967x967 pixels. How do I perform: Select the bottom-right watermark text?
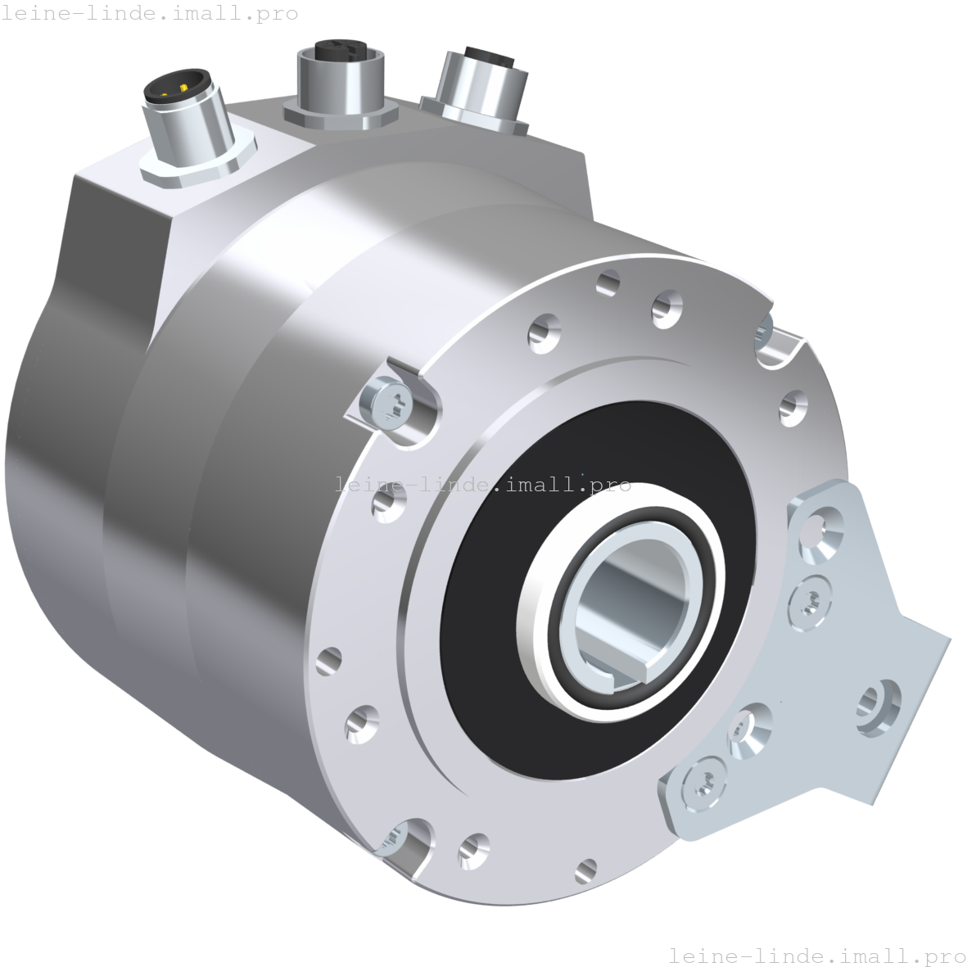tap(816, 955)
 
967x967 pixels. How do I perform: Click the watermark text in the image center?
tap(485, 485)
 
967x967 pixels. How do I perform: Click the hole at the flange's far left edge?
tap(330, 659)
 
